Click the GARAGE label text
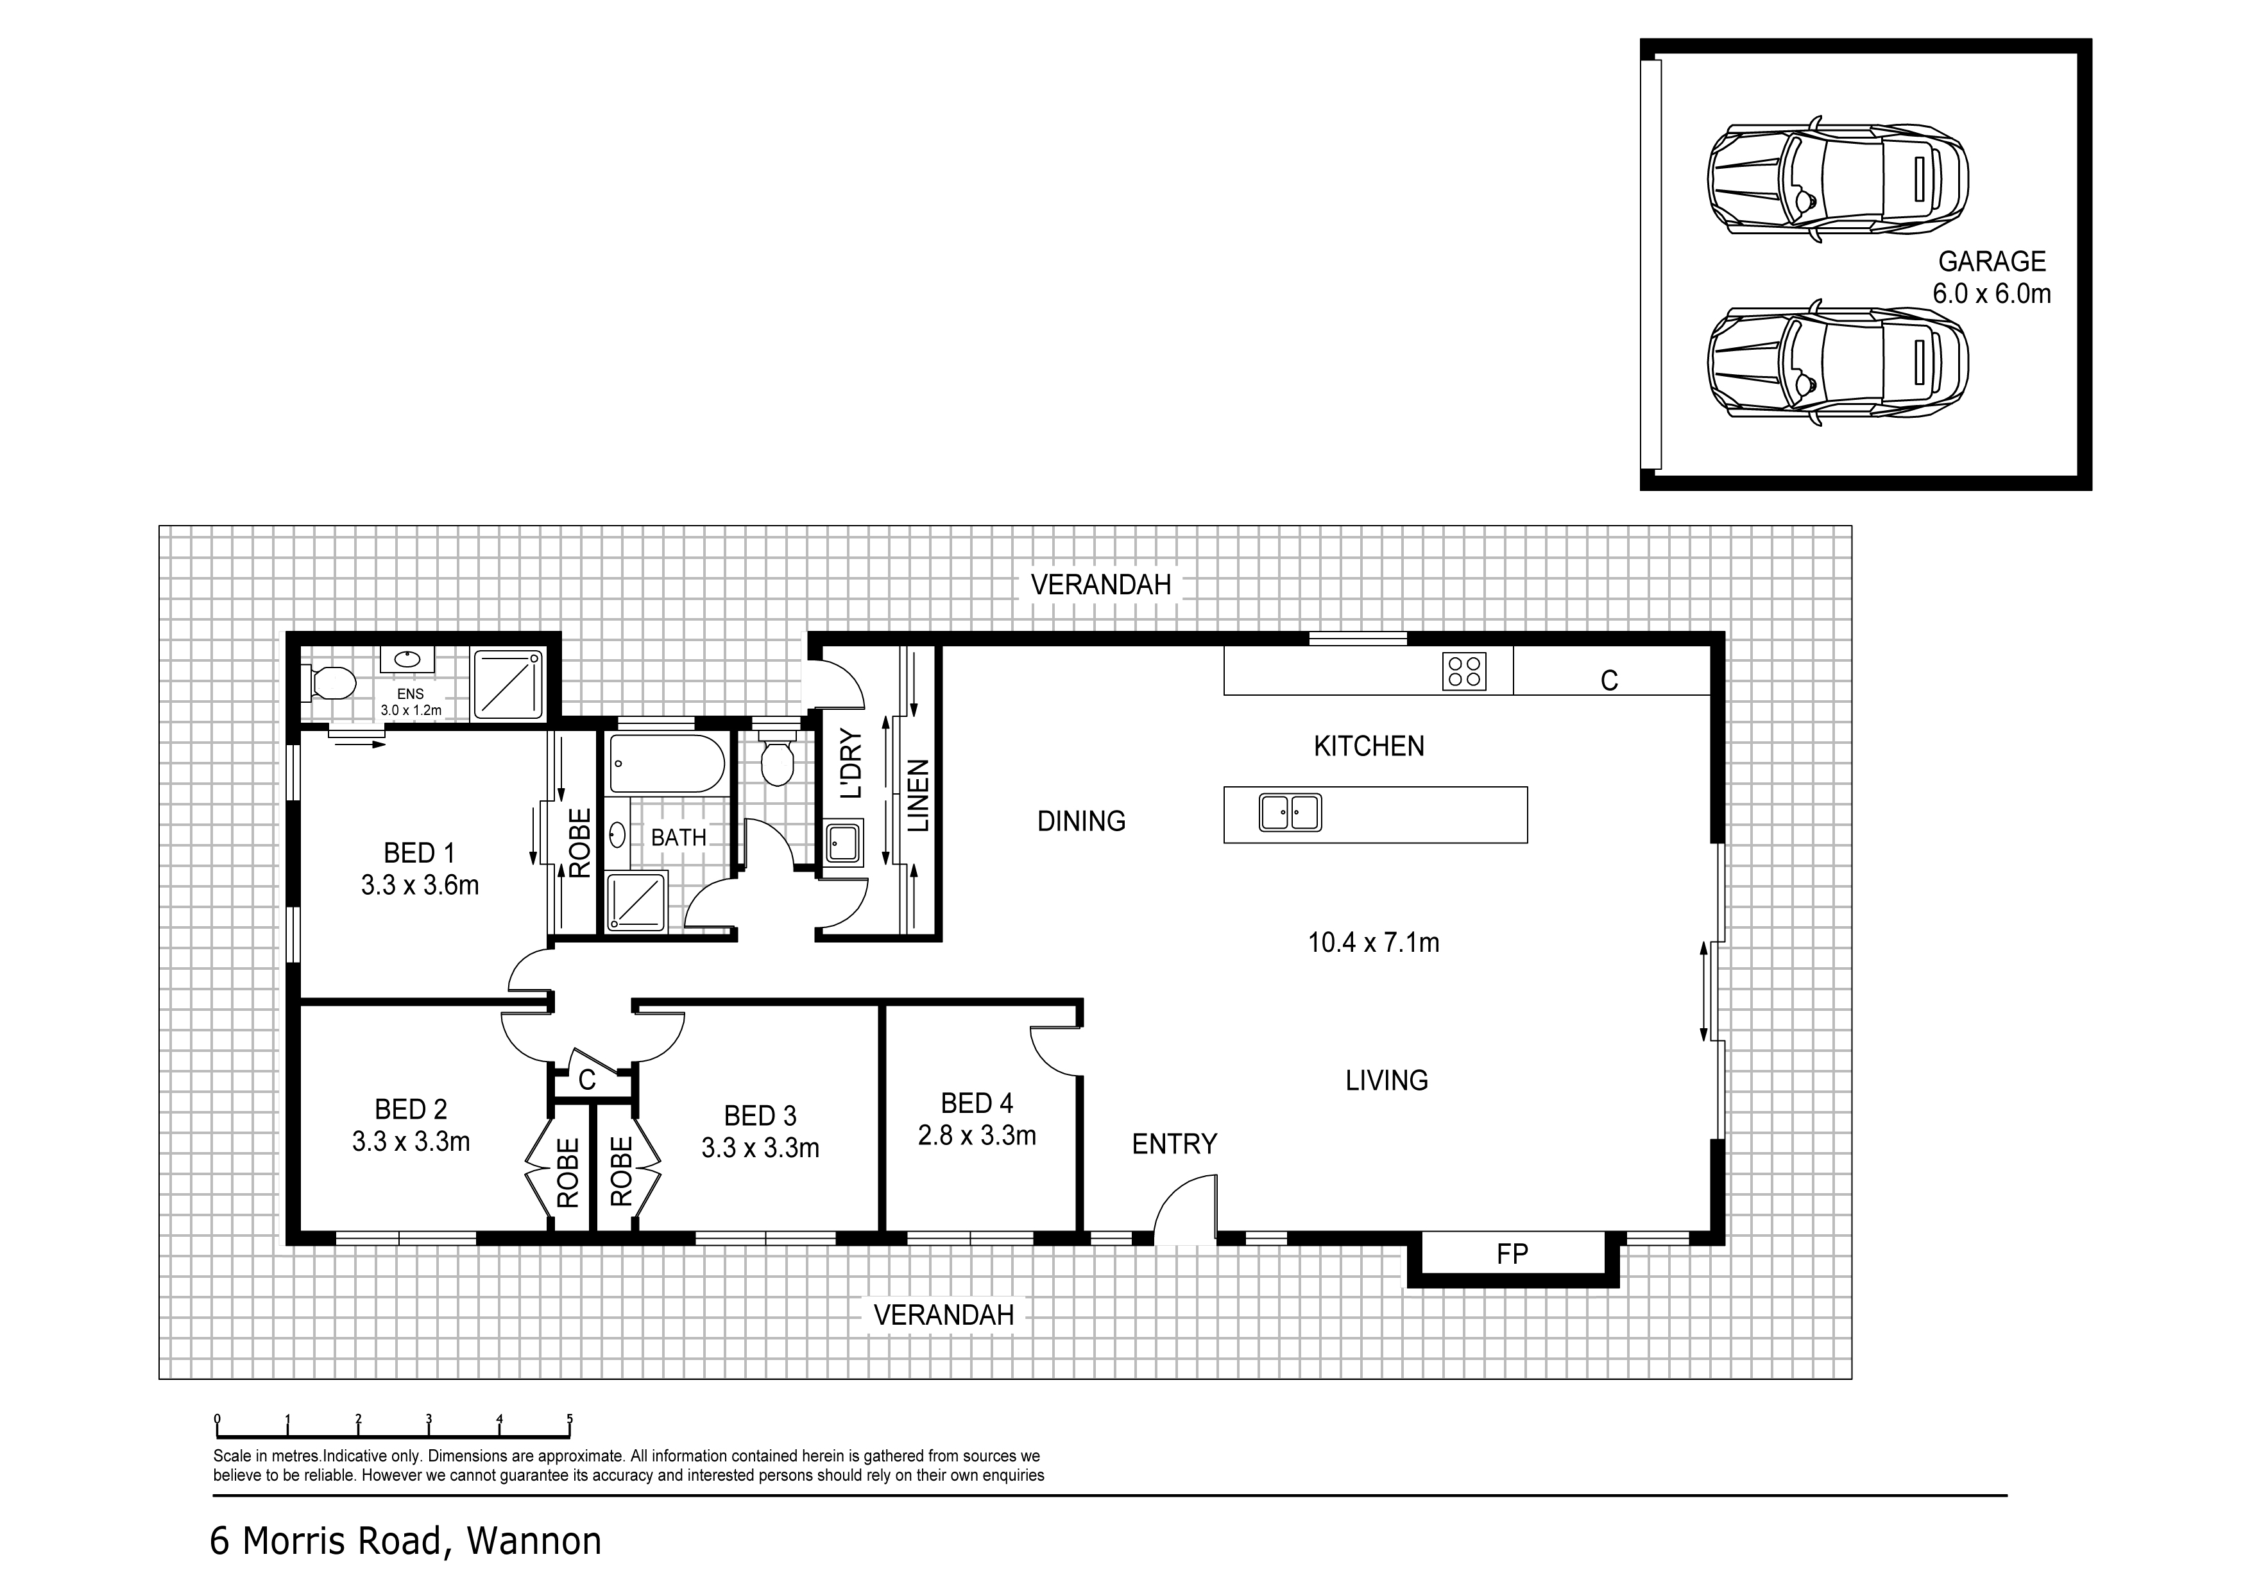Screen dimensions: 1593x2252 tap(1991, 262)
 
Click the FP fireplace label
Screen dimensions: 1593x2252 tap(1512, 1253)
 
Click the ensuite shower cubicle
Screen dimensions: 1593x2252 tap(507, 683)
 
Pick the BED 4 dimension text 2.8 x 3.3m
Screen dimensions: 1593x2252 tap(977, 1136)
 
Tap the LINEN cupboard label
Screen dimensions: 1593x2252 tap(918, 795)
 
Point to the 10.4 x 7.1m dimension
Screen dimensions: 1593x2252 tap(1373, 943)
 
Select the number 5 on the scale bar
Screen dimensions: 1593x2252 tap(570, 1418)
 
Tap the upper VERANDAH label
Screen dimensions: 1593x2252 tap(1100, 585)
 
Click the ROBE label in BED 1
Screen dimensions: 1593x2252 tap(579, 843)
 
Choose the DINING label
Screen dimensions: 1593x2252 tap(1081, 821)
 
